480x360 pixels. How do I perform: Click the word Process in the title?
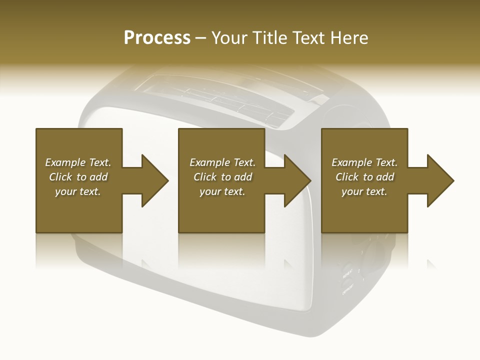point(157,38)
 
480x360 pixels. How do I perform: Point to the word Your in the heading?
point(230,38)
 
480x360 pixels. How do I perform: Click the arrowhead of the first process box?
point(155,180)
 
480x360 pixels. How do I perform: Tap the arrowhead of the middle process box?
point(297,180)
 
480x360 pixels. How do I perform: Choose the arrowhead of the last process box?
point(440,180)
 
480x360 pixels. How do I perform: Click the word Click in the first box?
point(60,177)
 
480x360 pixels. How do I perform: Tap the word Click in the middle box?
point(205,177)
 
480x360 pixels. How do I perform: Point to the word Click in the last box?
point(347,177)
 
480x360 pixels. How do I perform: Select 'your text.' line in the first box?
point(78,191)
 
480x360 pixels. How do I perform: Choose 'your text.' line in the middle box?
point(222,191)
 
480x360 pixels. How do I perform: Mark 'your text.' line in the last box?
point(364,191)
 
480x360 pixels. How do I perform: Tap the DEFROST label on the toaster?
point(348,289)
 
